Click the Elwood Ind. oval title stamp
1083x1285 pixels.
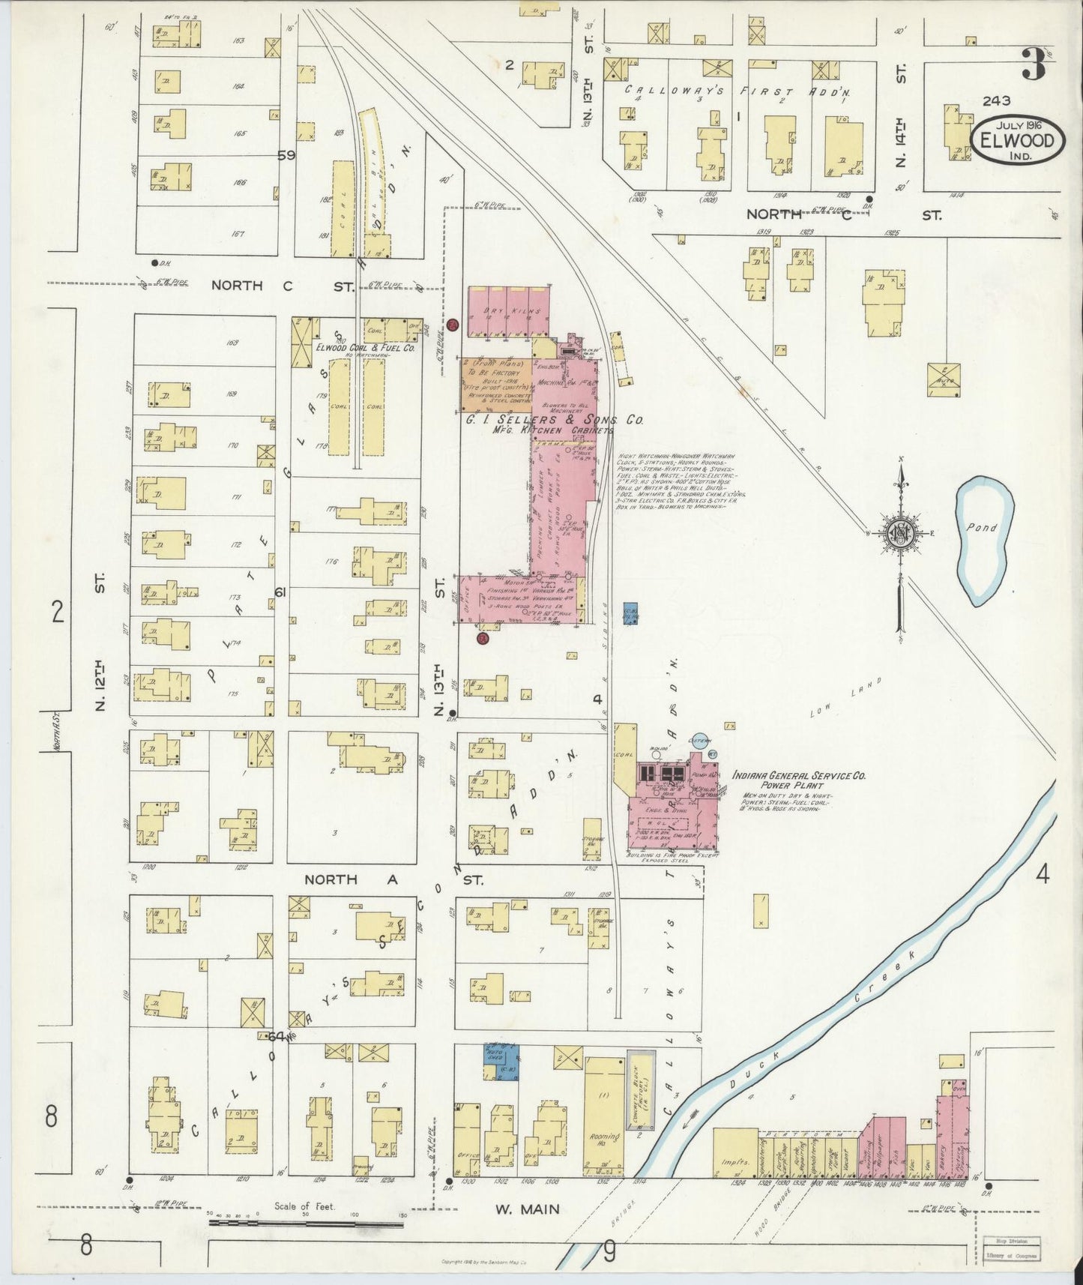1018,140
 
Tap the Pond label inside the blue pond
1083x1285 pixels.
981,528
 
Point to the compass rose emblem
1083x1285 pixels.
899,533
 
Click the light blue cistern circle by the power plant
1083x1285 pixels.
700,741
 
